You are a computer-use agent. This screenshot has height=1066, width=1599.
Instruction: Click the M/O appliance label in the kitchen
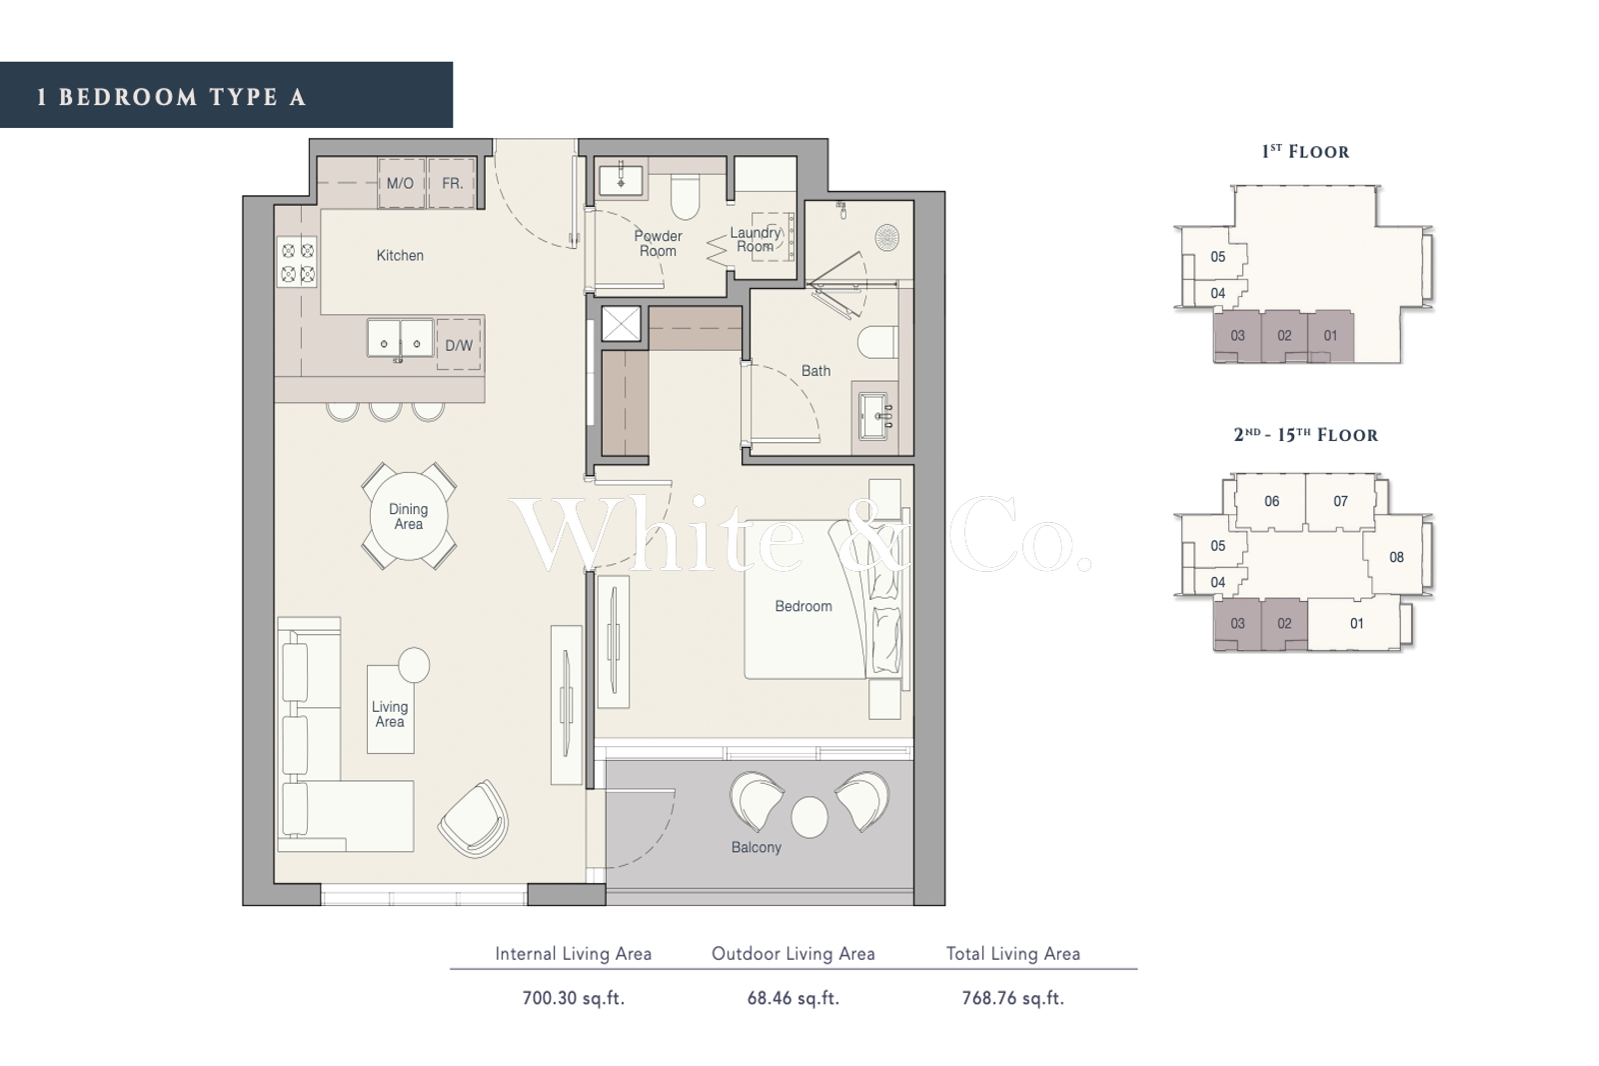pos(400,184)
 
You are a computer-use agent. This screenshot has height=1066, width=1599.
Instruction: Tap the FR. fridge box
pos(452,184)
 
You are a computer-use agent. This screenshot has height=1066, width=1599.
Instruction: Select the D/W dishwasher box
pos(459,345)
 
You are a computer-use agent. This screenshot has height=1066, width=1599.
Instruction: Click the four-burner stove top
pos(298,262)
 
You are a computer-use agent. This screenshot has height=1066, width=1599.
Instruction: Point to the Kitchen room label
pos(400,255)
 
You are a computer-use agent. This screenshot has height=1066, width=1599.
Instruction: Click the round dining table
pos(409,516)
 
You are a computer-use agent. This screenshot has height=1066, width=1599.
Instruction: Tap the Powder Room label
pos(658,244)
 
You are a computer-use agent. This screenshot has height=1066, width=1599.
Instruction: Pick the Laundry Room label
pos(756,239)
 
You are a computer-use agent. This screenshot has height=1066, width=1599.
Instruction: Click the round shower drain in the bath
pos(885,236)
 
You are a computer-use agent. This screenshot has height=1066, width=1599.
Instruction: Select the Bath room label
pos(815,371)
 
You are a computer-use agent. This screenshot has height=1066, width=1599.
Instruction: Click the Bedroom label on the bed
pos(803,606)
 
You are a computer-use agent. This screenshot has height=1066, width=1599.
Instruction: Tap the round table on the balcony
pos(809,816)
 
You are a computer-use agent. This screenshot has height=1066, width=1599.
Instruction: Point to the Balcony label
pos(756,847)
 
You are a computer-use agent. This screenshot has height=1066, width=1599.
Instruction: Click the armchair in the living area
pos(474,819)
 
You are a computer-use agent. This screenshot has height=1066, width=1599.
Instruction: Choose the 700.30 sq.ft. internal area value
pos(574,998)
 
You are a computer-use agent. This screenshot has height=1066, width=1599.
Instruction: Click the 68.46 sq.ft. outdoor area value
pos(794,998)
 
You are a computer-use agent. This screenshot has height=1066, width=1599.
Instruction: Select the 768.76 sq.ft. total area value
pos(1013,998)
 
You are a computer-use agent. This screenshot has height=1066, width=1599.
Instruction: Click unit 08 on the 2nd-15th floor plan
pos(1396,557)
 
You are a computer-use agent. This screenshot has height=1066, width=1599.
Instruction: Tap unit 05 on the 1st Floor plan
pos(1218,257)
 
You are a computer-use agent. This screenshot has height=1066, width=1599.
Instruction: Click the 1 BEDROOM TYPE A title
pos(171,97)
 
